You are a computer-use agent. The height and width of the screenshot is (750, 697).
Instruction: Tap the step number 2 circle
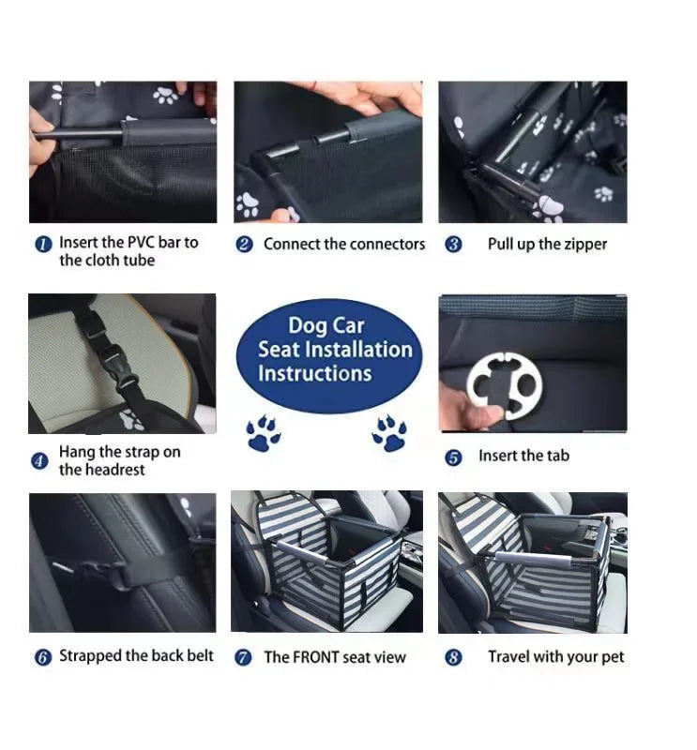point(244,245)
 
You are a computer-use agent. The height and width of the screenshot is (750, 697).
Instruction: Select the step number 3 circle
point(453,245)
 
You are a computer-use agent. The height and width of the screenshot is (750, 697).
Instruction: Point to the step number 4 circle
point(39,461)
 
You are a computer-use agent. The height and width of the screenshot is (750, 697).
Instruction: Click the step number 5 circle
point(453,457)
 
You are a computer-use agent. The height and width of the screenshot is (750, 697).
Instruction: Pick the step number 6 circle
point(42,657)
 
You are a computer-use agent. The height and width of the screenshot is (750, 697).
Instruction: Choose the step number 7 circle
point(243,658)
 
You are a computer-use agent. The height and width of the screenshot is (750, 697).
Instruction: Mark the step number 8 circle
point(453,658)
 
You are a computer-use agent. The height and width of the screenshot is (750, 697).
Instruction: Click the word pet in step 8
point(612,657)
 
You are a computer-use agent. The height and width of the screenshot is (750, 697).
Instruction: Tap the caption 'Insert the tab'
point(523,457)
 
